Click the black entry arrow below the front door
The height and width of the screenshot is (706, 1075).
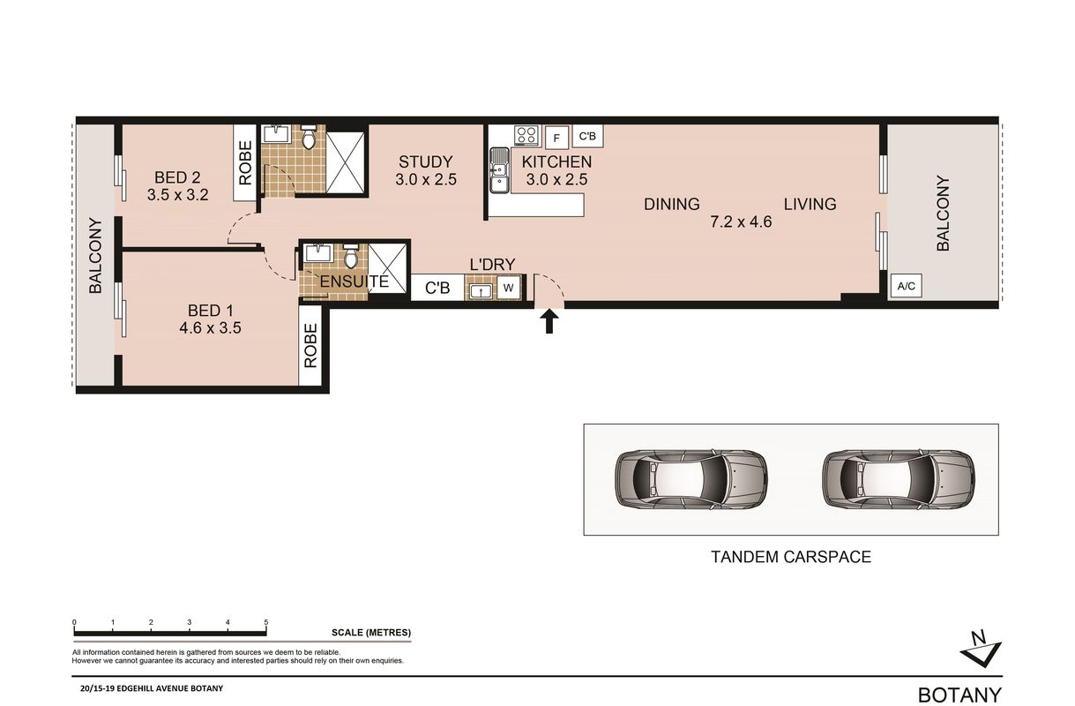click(x=549, y=321)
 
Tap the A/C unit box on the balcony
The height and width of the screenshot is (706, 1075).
click(x=906, y=286)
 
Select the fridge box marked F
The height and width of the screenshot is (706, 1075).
click(x=556, y=138)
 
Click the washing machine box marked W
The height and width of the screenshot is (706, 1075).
click(x=508, y=288)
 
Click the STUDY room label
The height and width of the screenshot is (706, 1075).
click(x=426, y=161)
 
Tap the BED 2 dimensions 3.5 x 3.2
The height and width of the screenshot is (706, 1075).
click(x=177, y=195)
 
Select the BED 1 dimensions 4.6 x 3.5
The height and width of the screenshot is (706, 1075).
click(x=210, y=328)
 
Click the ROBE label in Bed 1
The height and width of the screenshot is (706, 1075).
click(x=310, y=346)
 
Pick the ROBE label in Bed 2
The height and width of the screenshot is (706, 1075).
click(x=245, y=162)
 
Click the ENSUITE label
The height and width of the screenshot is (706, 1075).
click(x=355, y=282)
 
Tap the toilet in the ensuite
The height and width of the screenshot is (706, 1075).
click(x=351, y=256)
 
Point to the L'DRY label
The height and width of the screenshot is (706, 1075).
click(x=492, y=264)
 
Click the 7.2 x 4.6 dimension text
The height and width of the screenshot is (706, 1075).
click(x=741, y=222)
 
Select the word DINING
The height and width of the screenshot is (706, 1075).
click(x=671, y=204)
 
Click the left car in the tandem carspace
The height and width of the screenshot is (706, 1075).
click(x=691, y=479)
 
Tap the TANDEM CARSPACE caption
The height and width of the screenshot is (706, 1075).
click(x=791, y=557)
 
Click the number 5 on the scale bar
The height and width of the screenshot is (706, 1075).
click(x=266, y=622)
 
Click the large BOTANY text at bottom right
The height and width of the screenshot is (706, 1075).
click(x=960, y=695)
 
